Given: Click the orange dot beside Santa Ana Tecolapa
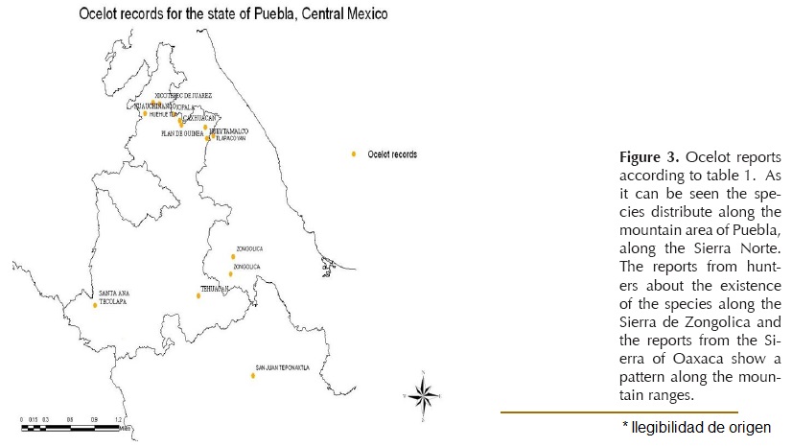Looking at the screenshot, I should [95, 305].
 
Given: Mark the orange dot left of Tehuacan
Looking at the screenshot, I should [198, 295].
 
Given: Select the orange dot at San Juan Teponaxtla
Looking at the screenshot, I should [253, 375].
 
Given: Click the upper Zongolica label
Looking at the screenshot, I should [249, 248].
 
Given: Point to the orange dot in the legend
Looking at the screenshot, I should [354, 153].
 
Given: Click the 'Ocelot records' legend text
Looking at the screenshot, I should [391, 153].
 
